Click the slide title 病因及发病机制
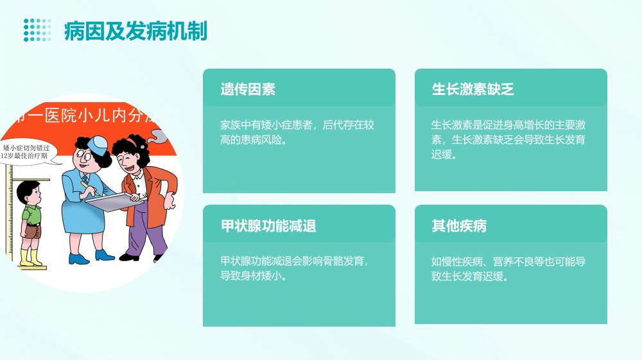[135, 31]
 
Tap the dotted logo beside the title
[37, 30]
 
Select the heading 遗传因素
[248, 89]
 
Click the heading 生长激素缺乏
[473, 89]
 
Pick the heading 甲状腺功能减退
[268, 226]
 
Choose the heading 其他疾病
[459, 226]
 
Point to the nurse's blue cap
[98, 144]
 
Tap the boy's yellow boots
[31, 257]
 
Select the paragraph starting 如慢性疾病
[508, 269]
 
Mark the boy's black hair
[27, 189]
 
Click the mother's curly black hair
[130, 148]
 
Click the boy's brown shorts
[33, 231]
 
